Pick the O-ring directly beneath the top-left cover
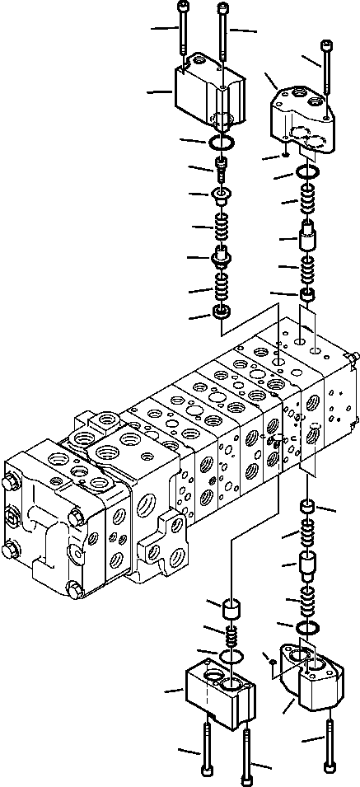point(221,144)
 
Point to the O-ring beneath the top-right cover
point(309,174)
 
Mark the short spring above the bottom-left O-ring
point(232,637)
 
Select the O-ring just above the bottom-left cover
point(231,657)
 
